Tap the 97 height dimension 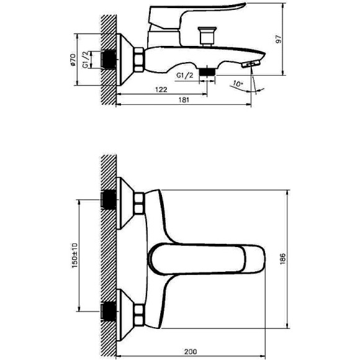tap(279, 39)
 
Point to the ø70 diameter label tap(73, 61)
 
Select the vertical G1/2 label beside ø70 tap(85, 61)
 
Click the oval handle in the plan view tap(205, 256)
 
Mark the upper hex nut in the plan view tap(139, 203)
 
